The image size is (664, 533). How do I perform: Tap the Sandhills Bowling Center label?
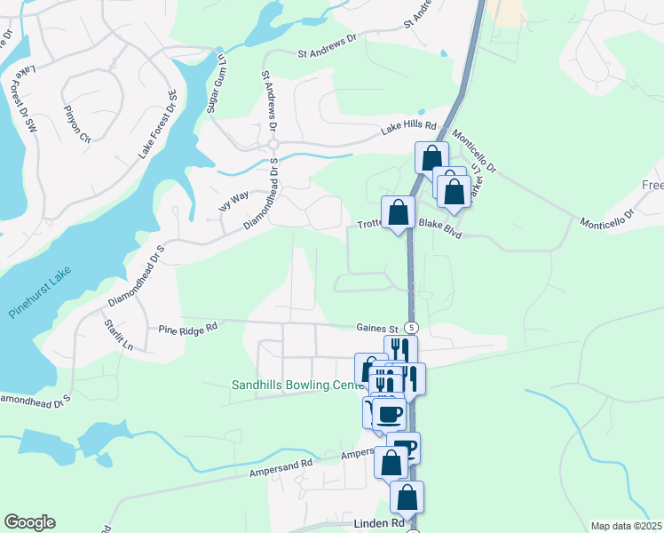point(296,386)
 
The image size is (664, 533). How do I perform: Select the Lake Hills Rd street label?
point(409,129)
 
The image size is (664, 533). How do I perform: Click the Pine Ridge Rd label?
point(188,328)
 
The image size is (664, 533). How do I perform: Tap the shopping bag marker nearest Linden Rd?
point(407,497)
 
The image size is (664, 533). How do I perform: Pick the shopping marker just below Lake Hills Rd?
point(431,159)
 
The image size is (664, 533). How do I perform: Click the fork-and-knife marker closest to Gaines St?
point(400,349)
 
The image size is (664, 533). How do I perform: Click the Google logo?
point(29,522)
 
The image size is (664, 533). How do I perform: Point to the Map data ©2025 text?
point(626,526)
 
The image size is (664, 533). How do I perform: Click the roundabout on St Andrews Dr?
point(273,144)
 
